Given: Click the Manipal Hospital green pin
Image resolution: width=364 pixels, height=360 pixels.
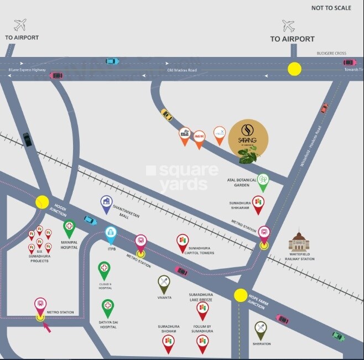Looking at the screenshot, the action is tap(69, 227).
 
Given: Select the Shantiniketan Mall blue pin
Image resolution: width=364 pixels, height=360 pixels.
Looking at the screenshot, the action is tap(106, 203).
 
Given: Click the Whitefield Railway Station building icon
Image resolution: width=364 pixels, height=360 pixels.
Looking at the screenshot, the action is tap(299, 242).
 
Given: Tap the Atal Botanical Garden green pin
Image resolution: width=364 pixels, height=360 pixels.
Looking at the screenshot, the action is tap(263, 181).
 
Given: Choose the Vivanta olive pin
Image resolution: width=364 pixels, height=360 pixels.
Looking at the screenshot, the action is tap(164, 283).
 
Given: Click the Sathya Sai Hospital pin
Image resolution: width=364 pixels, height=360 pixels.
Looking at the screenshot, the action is tap(108, 306).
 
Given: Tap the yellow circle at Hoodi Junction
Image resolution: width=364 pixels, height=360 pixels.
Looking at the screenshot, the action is tap(42, 202).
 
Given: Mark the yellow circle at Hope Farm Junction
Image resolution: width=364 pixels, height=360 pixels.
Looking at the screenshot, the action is tap(240, 295).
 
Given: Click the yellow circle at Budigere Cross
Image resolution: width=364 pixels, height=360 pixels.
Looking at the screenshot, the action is tap(294, 69).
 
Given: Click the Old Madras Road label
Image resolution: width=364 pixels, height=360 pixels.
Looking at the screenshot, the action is tap(182, 70).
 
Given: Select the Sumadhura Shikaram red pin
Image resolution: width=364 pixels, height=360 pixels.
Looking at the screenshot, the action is tap(258, 204).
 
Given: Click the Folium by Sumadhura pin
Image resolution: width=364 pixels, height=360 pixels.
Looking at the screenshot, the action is tap(202, 343).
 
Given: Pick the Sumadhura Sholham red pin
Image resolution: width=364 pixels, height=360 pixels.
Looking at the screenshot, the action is tap(168, 343).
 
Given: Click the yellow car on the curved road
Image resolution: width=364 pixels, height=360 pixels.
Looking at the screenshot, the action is tap(167, 114).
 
